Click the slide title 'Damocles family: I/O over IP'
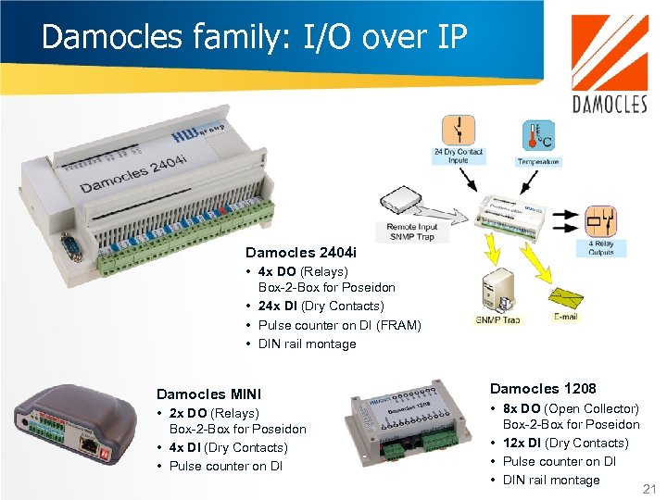(254, 36)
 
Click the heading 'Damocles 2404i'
(294, 252)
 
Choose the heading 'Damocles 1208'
(543, 388)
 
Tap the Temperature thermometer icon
(536, 137)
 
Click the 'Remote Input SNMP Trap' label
(413, 231)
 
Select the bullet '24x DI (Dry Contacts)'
(321, 306)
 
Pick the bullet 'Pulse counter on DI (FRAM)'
(339, 325)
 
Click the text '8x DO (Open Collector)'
(570, 408)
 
